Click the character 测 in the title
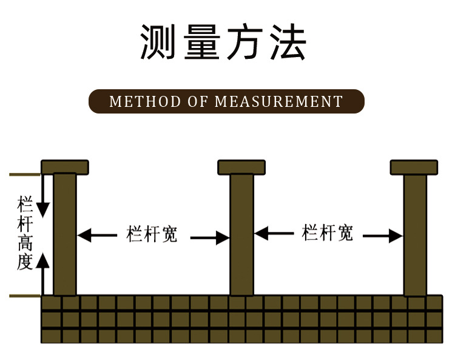(161, 42)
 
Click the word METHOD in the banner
(145, 101)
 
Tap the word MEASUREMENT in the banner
(279, 101)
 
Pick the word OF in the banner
(198, 101)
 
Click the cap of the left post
(65, 166)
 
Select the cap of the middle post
(241, 166)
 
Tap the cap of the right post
(414, 166)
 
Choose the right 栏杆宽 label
(328, 233)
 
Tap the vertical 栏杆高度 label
(25, 233)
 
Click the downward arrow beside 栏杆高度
(42, 200)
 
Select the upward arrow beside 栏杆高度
(42, 267)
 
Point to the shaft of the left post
(65, 234)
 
